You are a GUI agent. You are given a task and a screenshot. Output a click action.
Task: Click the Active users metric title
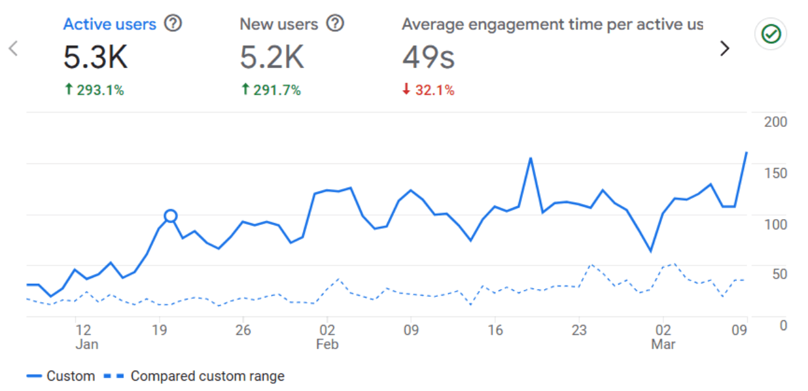click(x=109, y=24)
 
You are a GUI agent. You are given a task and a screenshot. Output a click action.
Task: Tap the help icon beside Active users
click(x=173, y=24)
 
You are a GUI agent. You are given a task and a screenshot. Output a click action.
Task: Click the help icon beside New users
click(x=335, y=24)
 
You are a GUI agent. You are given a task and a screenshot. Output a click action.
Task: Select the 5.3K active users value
click(x=96, y=58)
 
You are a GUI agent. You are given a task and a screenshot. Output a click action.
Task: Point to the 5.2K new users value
click(x=272, y=58)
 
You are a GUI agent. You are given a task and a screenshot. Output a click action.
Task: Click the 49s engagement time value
click(x=428, y=58)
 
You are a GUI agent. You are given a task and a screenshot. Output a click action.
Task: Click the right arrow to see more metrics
click(x=724, y=48)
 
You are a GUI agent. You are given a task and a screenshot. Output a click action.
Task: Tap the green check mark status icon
click(x=771, y=35)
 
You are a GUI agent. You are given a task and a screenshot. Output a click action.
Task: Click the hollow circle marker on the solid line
click(x=171, y=216)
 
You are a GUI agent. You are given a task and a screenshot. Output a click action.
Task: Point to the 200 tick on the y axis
click(x=775, y=122)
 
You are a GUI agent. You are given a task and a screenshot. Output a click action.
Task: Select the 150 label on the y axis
click(x=775, y=173)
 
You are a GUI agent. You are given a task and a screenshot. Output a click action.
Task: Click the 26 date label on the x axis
click(x=243, y=330)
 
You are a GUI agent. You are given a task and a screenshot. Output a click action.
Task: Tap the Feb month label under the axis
click(x=327, y=344)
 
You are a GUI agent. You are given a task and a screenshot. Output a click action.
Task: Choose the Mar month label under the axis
click(x=663, y=344)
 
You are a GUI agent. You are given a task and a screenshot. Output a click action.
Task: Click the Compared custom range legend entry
click(x=207, y=376)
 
